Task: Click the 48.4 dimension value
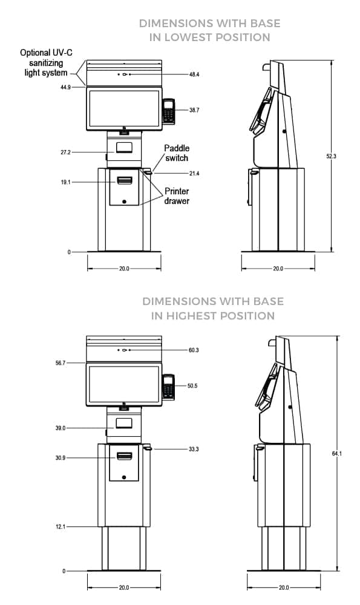coord(194,74)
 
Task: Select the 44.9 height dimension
coord(65,87)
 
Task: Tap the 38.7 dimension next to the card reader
coord(194,111)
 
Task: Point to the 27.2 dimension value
coord(65,152)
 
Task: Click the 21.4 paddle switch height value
coord(194,174)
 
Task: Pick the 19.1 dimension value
coord(65,181)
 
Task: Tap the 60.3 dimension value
coord(194,350)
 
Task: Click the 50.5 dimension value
coord(194,385)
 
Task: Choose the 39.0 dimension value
coord(65,428)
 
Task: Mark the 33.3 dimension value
coord(194,450)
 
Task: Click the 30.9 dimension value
coord(65,458)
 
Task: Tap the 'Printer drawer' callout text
coord(176,195)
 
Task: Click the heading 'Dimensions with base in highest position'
coord(212,308)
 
